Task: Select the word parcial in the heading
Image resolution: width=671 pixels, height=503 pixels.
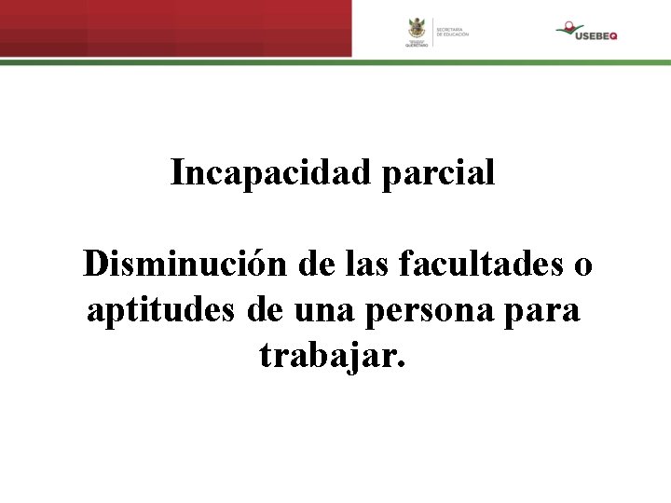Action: (x=438, y=172)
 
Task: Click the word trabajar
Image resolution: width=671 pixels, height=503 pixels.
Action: (x=333, y=355)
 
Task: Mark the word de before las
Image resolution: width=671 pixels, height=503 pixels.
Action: (x=318, y=265)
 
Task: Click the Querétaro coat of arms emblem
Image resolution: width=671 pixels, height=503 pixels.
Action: (x=417, y=28)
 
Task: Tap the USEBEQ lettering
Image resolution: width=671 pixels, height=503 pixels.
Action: (x=596, y=35)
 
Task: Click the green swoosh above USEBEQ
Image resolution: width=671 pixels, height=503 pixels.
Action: (x=571, y=28)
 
